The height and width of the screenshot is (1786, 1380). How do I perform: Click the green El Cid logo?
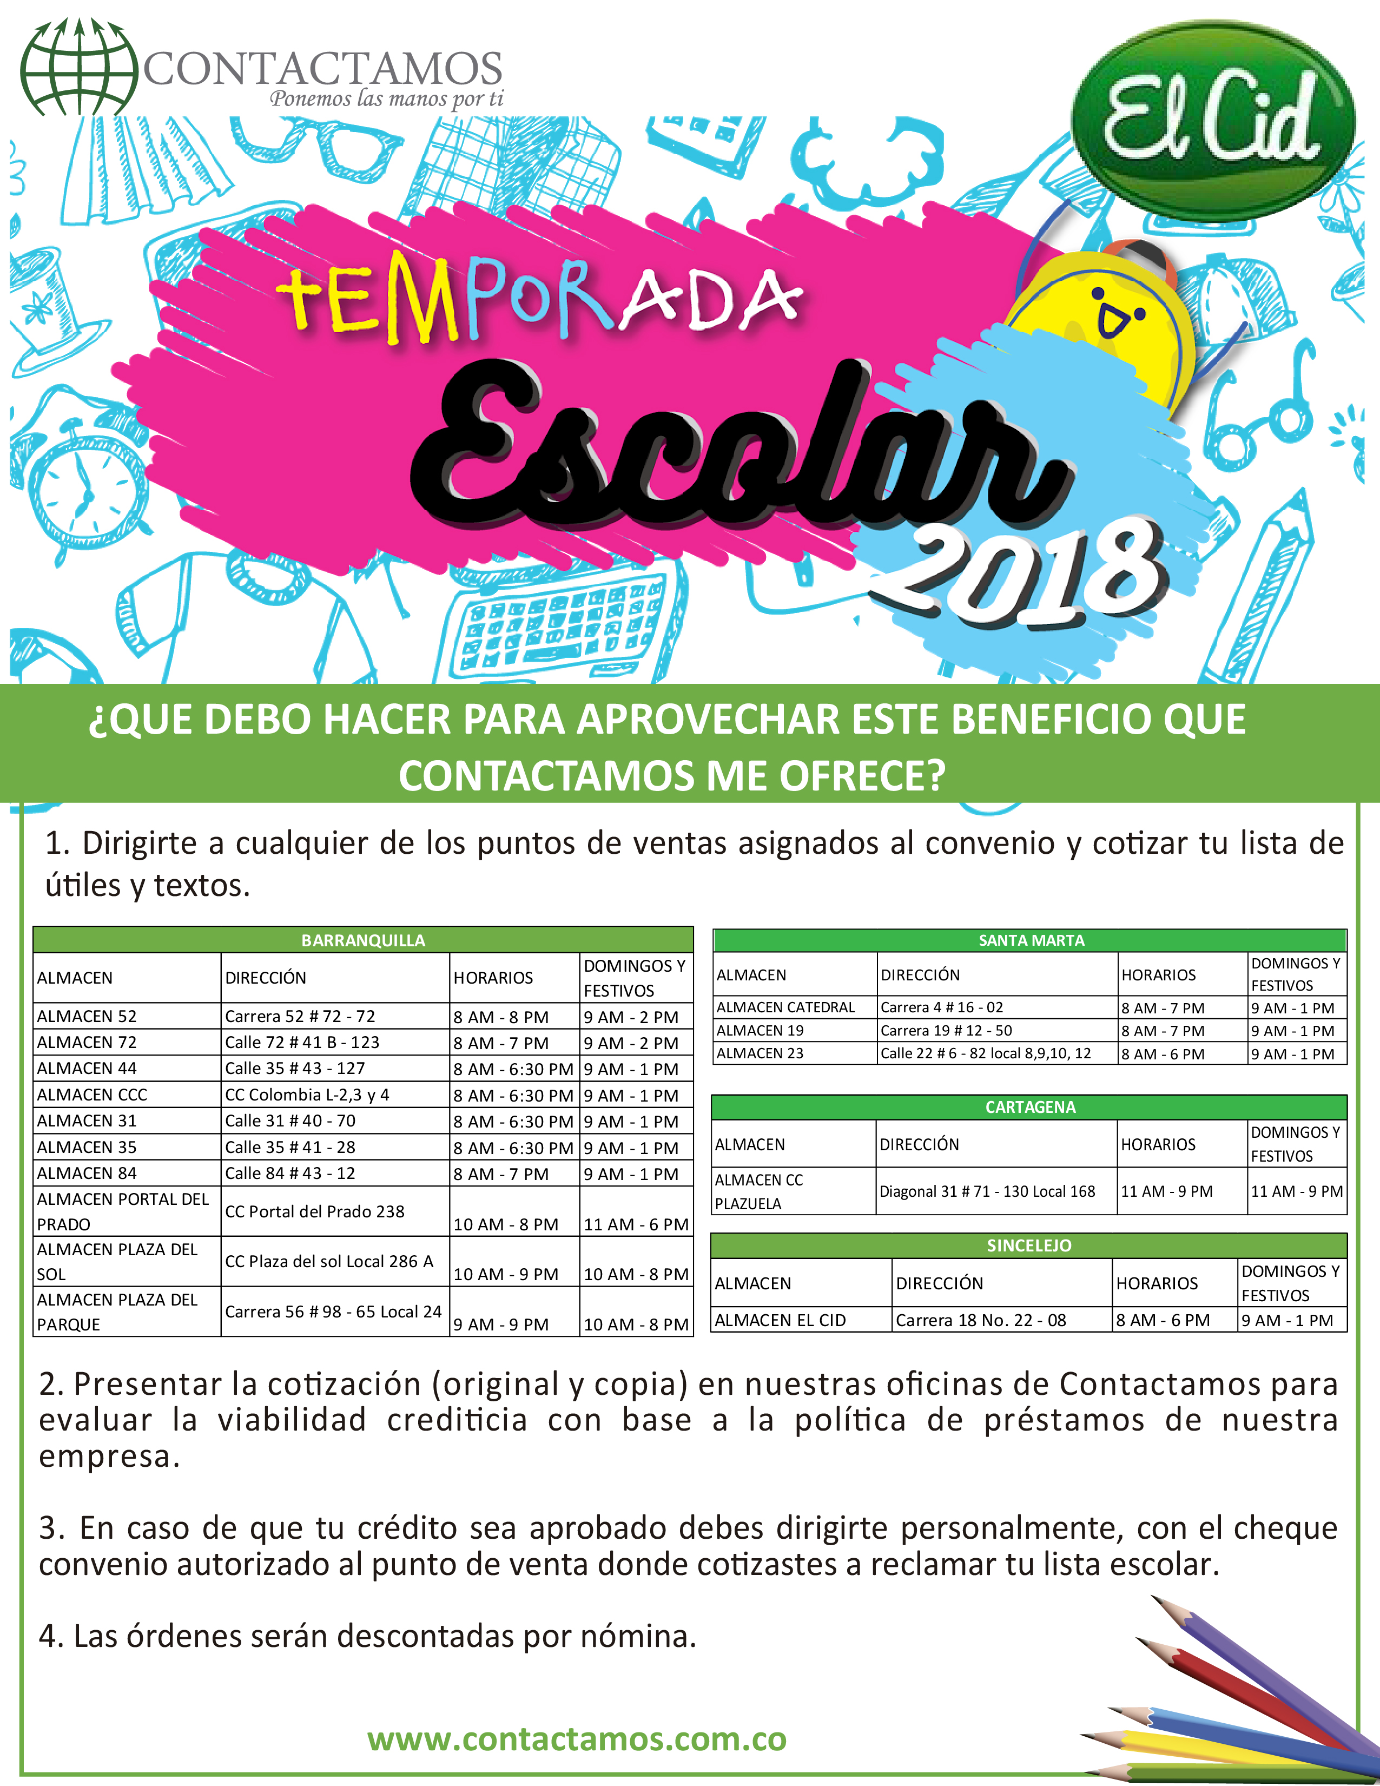tap(1213, 121)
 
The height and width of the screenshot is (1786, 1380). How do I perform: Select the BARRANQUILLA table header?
tap(363, 940)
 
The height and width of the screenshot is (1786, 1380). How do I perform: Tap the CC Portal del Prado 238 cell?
tap(315, 1211)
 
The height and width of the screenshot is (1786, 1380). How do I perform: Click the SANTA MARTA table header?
tap(1031, 940)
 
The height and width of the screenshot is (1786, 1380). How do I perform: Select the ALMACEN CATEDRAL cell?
tap(785, 1007)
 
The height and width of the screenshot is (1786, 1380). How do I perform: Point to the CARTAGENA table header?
tap(1030, 1107)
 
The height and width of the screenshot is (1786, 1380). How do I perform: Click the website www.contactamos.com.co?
tap(576, 1738)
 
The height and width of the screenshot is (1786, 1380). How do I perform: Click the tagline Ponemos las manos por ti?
tap(386, 100)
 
